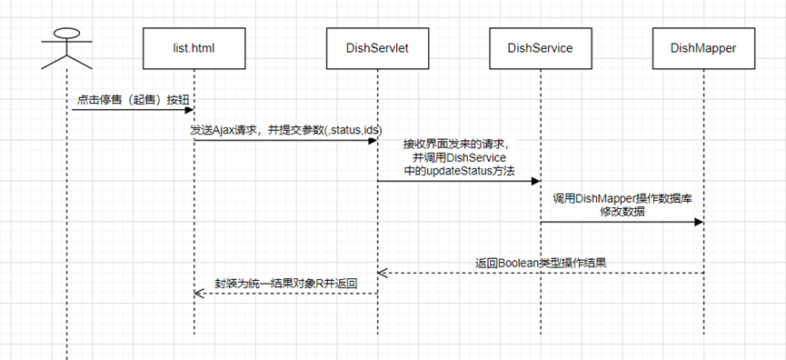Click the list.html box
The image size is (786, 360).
tap(194, 48)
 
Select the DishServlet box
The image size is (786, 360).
tap(377, 48)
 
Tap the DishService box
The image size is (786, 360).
tap(541, 48)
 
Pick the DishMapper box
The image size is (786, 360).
tap(703, 48)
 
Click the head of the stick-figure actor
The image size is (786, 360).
tap(66, 34)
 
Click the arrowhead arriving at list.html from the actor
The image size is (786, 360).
tap(190, 110)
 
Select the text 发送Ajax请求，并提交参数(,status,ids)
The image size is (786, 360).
tap(285, 130)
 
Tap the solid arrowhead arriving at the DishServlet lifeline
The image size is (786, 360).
tap(373, 140)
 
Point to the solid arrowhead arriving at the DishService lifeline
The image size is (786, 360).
tap(535, 181)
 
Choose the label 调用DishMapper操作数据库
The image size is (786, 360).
tap(622, 198)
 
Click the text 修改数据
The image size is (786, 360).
tap(622, 212)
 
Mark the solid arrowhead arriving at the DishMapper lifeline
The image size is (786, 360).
tap(698, 222)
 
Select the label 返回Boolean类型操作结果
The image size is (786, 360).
tap(541, 263)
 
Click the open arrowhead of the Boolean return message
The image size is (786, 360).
tap(382, 273)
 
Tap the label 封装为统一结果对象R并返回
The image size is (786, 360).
tap(286, 284)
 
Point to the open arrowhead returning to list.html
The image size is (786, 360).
tap(198, 294)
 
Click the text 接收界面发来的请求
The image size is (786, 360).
tap(456, 145)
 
